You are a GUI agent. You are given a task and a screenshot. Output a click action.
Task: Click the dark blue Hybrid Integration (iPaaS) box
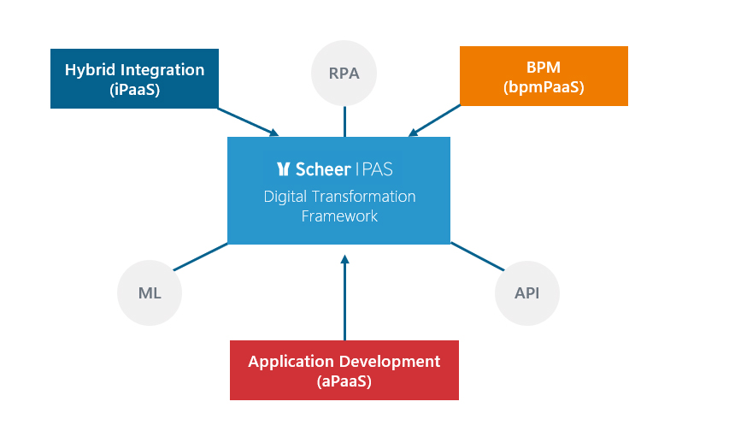tap(134, 79)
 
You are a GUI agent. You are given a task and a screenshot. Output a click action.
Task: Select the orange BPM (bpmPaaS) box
tap(544, 76)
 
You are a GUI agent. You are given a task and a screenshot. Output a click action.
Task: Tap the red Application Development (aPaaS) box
tap(344, 370)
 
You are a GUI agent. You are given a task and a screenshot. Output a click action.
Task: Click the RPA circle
tap(344, 74)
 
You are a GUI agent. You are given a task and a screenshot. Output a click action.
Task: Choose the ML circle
tap(150, 293)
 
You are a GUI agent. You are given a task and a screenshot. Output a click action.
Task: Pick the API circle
tap(526, 293)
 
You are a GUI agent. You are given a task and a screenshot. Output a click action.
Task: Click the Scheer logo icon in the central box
tap(283, 168)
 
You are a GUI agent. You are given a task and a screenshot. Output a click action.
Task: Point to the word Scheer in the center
tap(323, 168)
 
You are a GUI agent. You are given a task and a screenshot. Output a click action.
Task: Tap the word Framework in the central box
tap(339, 216)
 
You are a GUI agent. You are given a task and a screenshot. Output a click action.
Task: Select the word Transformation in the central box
tap(363, 197)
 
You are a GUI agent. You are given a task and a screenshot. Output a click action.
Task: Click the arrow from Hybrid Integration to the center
tap(248, 122)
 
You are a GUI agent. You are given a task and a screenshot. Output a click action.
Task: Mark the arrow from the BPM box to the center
tap(434, 121)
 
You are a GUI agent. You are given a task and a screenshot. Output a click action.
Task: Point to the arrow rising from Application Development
tap(345, 298)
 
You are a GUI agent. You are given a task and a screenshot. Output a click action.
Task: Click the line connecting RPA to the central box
tap(345, 121)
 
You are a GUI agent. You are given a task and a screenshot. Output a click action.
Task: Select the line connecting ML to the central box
tap(201, 257)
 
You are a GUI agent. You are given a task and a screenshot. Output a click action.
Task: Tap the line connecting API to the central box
tap(477, 257)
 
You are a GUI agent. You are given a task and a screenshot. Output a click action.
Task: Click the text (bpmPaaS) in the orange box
tap(544, 87)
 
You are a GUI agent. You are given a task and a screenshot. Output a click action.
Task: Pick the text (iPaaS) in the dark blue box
tap(134, 89)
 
